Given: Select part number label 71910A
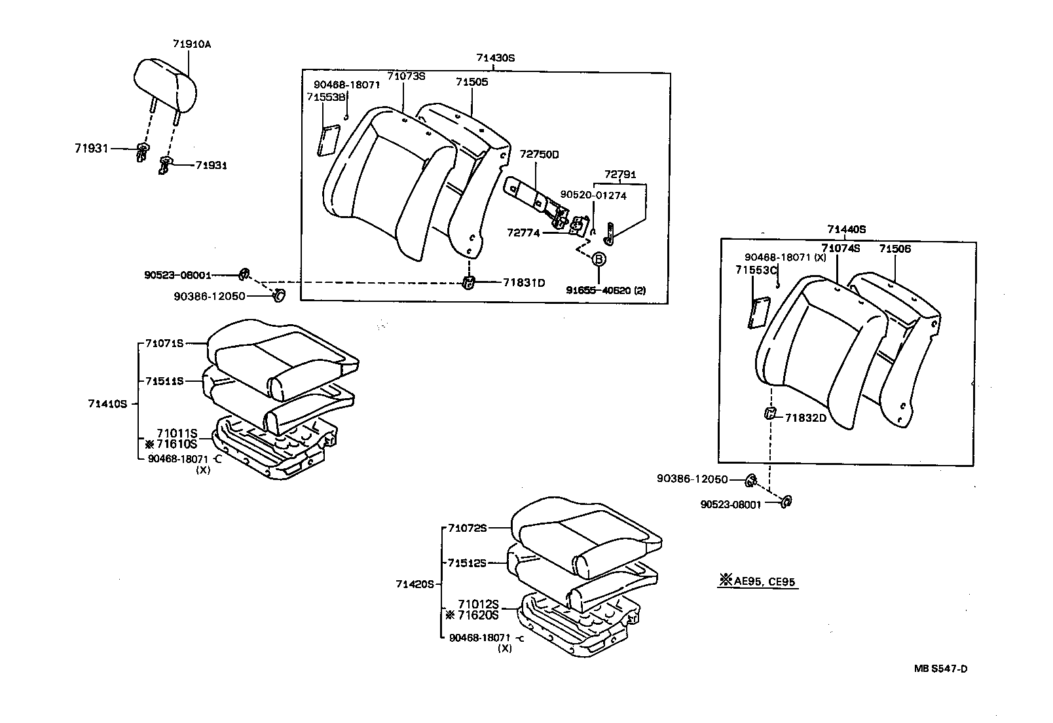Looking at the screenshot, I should point(192,45).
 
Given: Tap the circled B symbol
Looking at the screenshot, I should point(599,260).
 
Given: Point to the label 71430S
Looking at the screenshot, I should point(495,58).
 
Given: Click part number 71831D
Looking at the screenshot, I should point(524,283).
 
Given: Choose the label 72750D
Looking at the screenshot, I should point(540,155).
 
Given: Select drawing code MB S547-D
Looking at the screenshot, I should point(941,669).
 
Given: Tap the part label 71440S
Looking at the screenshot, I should point(846,229).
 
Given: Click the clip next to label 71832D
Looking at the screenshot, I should point(771,413).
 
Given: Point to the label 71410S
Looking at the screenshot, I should point(107,404).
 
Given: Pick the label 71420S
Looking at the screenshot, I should point(415,584).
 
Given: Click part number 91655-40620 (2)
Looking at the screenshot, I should point(606,290).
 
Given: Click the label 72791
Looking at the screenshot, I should point(619,175).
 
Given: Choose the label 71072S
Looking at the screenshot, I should point(468,528).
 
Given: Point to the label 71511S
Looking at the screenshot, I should point(164,380).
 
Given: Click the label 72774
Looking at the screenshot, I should point(523,232).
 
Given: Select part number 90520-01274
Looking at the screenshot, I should point(593,195).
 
